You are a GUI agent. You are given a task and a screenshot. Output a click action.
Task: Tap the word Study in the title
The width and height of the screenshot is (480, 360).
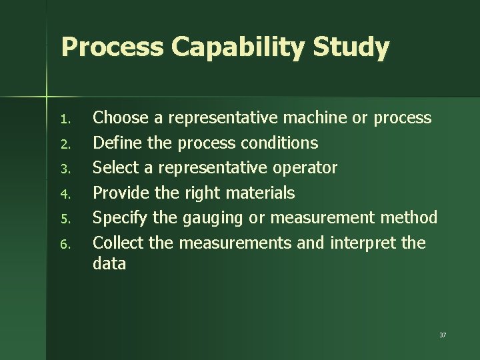[357, 47]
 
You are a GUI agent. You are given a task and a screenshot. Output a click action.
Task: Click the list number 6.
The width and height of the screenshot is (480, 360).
[64, 245]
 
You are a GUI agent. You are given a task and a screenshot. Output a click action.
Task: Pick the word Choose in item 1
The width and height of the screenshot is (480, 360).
[120, 118]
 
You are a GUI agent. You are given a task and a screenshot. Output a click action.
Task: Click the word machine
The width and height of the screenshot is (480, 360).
[316, 118]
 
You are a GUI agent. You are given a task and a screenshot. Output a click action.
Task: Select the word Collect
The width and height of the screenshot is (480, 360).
[118, 243]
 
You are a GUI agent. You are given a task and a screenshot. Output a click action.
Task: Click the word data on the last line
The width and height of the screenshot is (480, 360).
[109, 263]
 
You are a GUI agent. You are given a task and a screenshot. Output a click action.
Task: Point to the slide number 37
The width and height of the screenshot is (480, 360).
[443, 335]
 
